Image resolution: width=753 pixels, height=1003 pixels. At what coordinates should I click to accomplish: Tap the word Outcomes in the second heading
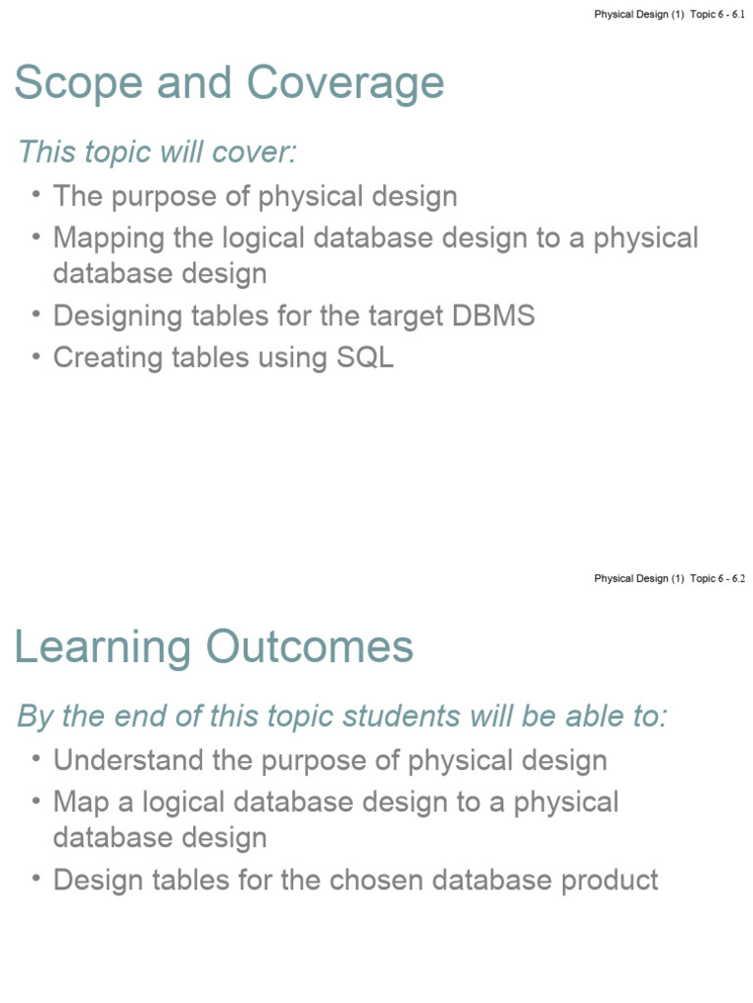click(309, 647)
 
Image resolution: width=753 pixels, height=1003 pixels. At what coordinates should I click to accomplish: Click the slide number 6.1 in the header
click(738, 15)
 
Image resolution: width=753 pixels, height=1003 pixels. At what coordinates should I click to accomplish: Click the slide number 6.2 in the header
click(738, 579)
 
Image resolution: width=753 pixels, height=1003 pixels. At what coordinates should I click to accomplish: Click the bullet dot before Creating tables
click(36, 356)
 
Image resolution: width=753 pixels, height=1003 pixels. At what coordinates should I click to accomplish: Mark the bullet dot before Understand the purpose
click(36, 758)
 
